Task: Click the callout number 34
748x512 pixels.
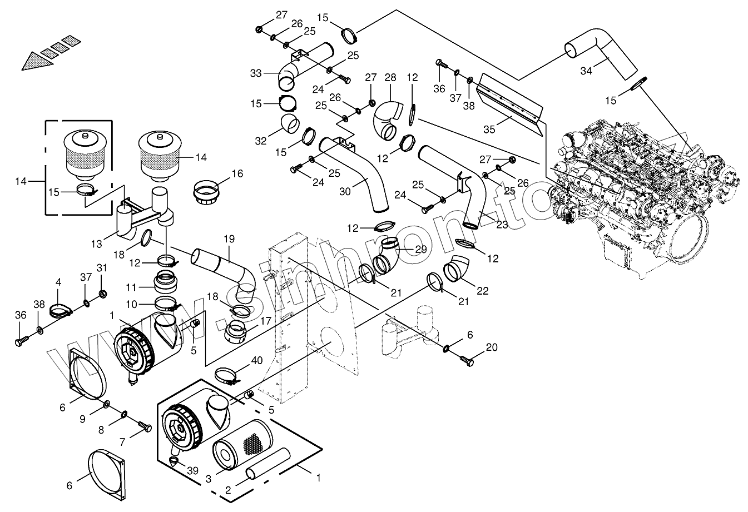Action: point(586,71)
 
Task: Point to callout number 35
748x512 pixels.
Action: point(489,129)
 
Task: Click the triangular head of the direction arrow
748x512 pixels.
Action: point(37,61)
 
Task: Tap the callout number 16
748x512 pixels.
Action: point(237,173)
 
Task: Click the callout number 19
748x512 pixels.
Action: point(229,239)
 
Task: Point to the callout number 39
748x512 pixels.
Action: point(192,471)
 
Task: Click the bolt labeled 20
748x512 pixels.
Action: point(467,360)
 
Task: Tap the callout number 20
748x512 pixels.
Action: point(492,347)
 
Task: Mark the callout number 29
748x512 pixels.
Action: point(421,249)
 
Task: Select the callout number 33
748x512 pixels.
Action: point(256,73)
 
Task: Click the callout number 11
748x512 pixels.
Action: point(131,287)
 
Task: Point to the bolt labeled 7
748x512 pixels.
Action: point(145,427)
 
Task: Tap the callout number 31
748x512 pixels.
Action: point(102,268)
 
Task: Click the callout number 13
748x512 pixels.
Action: point(97,244)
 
